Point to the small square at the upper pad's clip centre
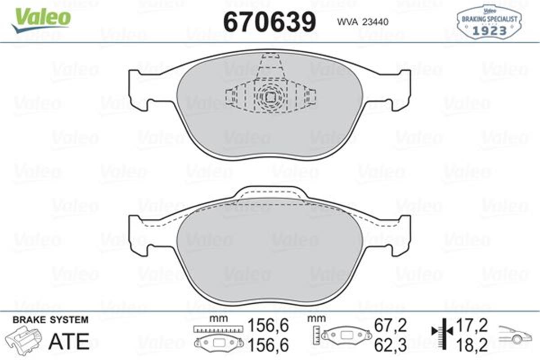270,97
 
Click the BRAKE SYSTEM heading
50,320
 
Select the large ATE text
68,342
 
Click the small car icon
516,335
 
